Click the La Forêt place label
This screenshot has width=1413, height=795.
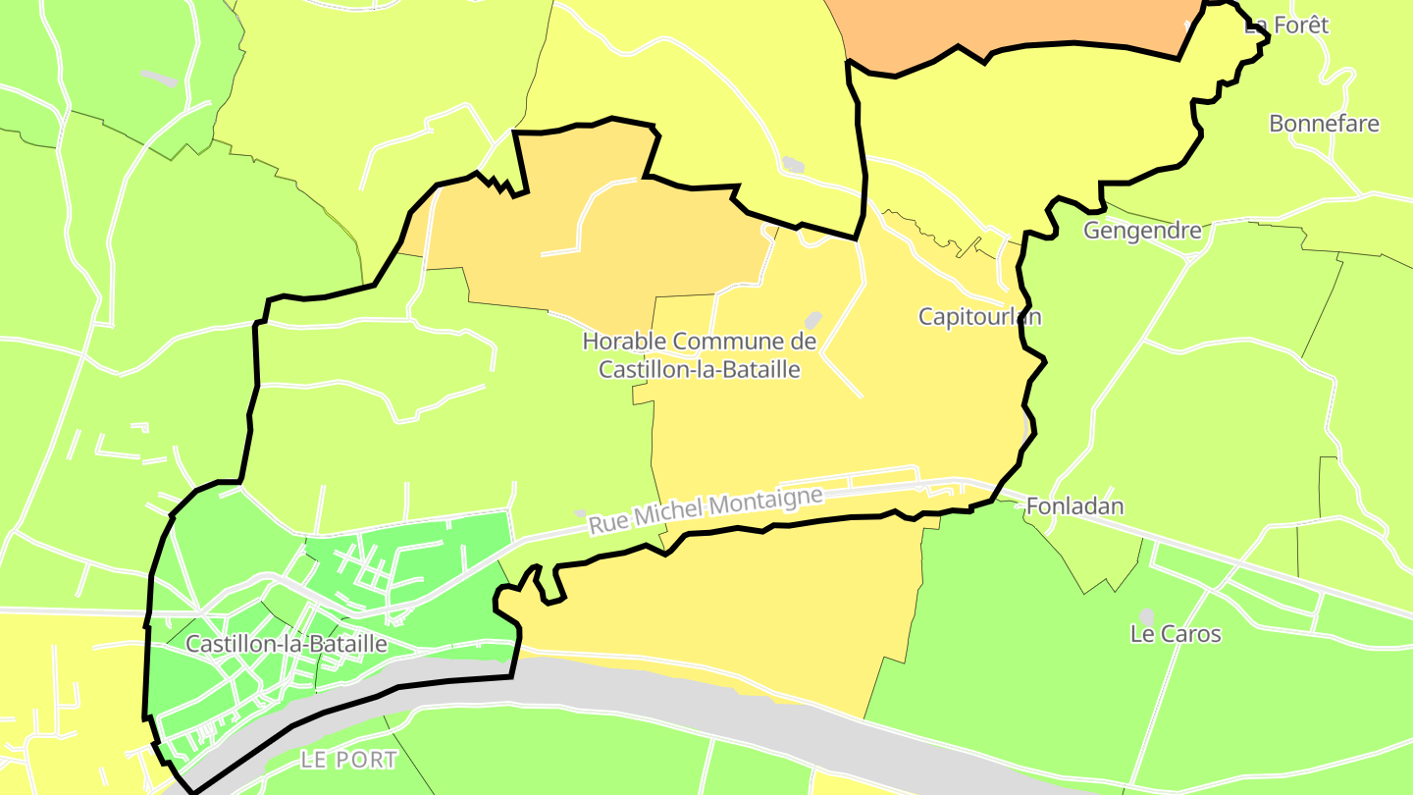click(x=1286, y=26)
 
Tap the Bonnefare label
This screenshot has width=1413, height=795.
click(x=1324, y=124)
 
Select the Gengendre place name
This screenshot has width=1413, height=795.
click(x=1142, y=231)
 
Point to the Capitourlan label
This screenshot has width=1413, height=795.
click(x=979, y=316)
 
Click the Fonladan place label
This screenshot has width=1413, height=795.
click(x=1074, y=506)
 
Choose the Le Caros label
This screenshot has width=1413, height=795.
click(x=1176, y=634)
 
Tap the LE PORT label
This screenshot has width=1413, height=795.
click(x=348, y=760)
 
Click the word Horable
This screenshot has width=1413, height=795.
click(x=624, y=342)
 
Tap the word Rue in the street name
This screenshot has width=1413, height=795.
click(x=608, y=525)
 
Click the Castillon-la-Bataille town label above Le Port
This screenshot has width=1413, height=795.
click(x=286, y=645)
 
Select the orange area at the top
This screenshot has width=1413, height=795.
click(x=1011, y=22)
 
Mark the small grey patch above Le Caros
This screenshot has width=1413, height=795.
click(x=1146, y=615)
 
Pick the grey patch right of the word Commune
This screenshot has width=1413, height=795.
click(x=812, y=321)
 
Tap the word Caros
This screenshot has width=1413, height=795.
click(x=1191, y=634)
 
